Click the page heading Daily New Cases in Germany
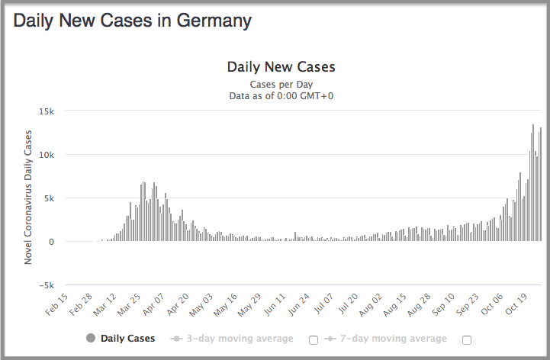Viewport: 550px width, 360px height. tap(132, 21)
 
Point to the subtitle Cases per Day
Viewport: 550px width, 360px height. tap(281, 84)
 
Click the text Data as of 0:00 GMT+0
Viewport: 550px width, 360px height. tap(281, 96)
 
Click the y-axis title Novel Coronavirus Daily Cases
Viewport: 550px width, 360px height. tap(28, 198)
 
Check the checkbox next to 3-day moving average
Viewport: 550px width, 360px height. tap(313, 339)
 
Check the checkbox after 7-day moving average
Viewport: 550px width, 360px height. tap(467, 339)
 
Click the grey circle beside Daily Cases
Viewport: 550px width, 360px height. tap(91, 339)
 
